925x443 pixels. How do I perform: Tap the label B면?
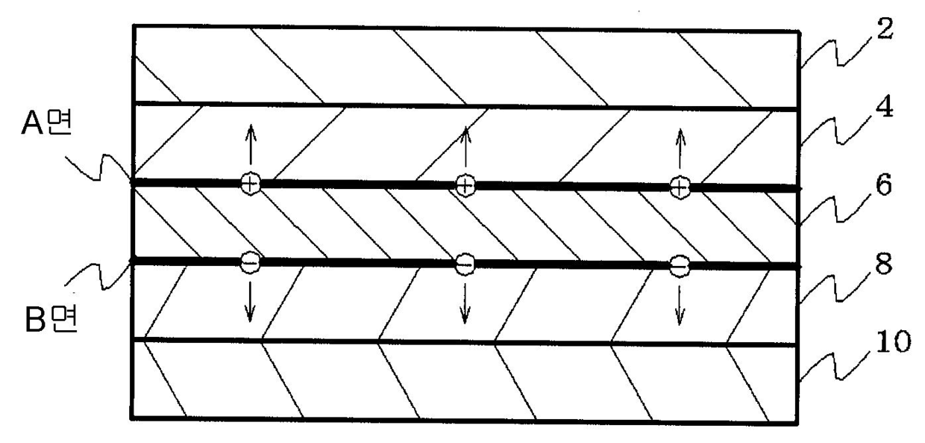(x=44, y=325)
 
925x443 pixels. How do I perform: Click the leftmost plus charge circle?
(x=250, y=183)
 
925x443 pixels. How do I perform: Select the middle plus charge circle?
(x=465, y=185)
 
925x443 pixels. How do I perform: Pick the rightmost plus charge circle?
(x=679, y=187)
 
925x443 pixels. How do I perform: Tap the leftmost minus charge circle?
(x=250, y=261)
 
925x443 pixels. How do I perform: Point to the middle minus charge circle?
(x=464, y=264)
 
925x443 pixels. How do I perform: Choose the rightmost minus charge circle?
(x=679, y=265)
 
